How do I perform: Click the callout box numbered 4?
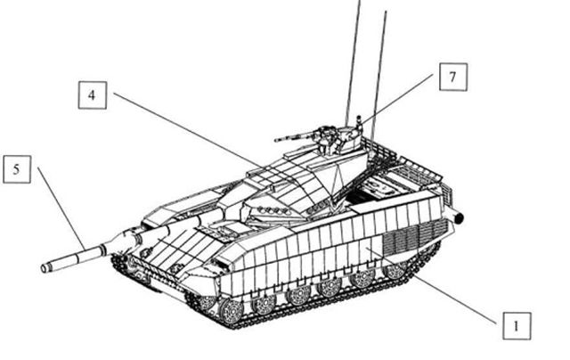pyautogui.click(x=93, y=95)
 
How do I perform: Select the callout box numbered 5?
pyautogui.click(x=17, y=169)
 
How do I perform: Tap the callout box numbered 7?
pyautogui.click(x=453, y=77)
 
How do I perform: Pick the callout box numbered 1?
pyautogui.click(x=517, y=326)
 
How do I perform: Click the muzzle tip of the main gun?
pyautogui.click(x=44, y=269)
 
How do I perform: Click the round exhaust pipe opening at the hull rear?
pyautogui.click(x=460, y=218)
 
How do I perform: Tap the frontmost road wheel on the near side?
pyautogui.click(x=231, y=311)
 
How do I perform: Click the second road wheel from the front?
pyautogui.click(x=264, y=303)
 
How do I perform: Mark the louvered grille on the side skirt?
pyautogui.click(x=415, y=237)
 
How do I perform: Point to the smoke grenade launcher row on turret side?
pyautogui.click(x=271, y=210)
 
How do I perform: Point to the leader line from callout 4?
pyautogui.click(x=186, y=130)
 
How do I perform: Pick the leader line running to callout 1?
pyautogui.click(x=431, y=285)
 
